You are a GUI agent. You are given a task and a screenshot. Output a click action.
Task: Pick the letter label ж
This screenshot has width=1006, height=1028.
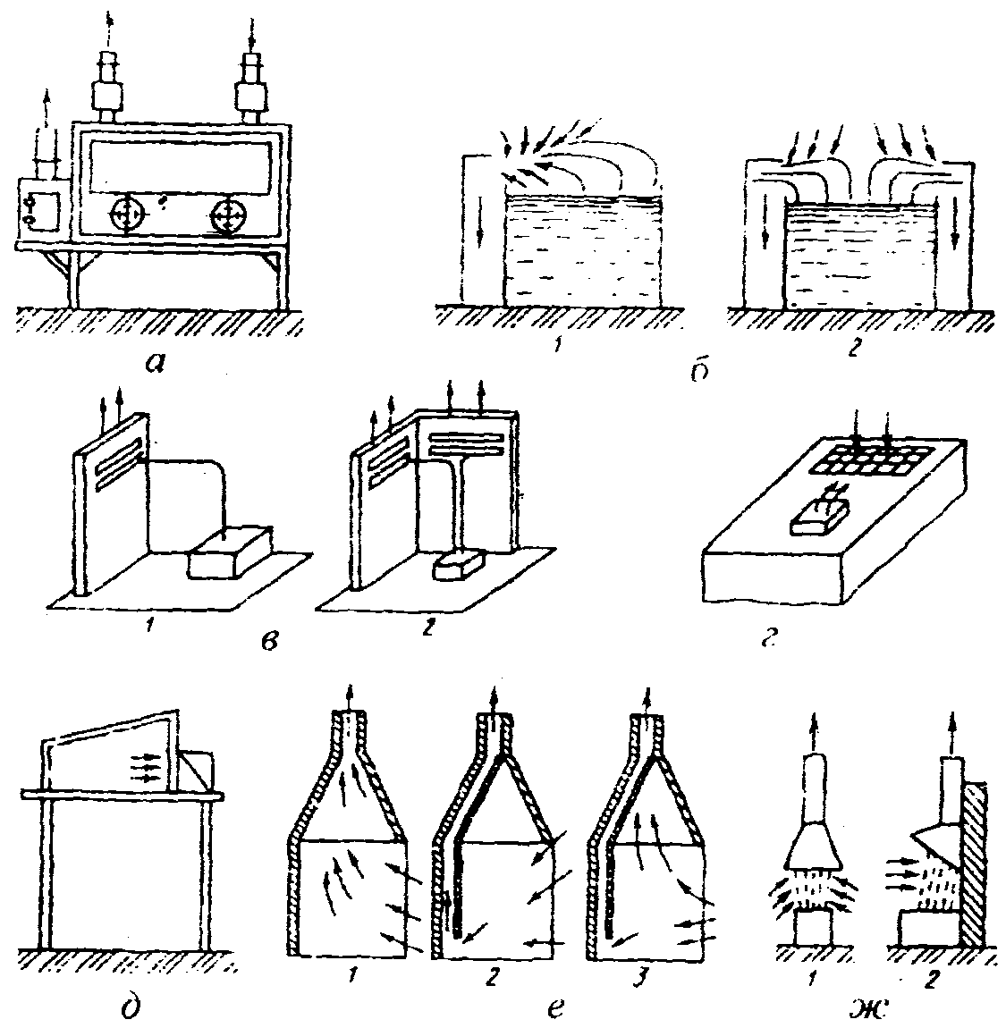pyautogui.click(x=867, y=1009)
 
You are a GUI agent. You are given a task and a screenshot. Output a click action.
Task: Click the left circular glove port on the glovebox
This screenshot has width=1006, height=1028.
pyautogui.click(x=130, y=215)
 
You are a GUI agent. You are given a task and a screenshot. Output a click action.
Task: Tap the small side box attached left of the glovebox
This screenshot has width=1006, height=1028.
pyautogui.click(x=38, y=209)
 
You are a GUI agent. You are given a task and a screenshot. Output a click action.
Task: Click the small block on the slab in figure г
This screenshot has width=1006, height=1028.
pyautogui.click(x=815, y=517)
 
